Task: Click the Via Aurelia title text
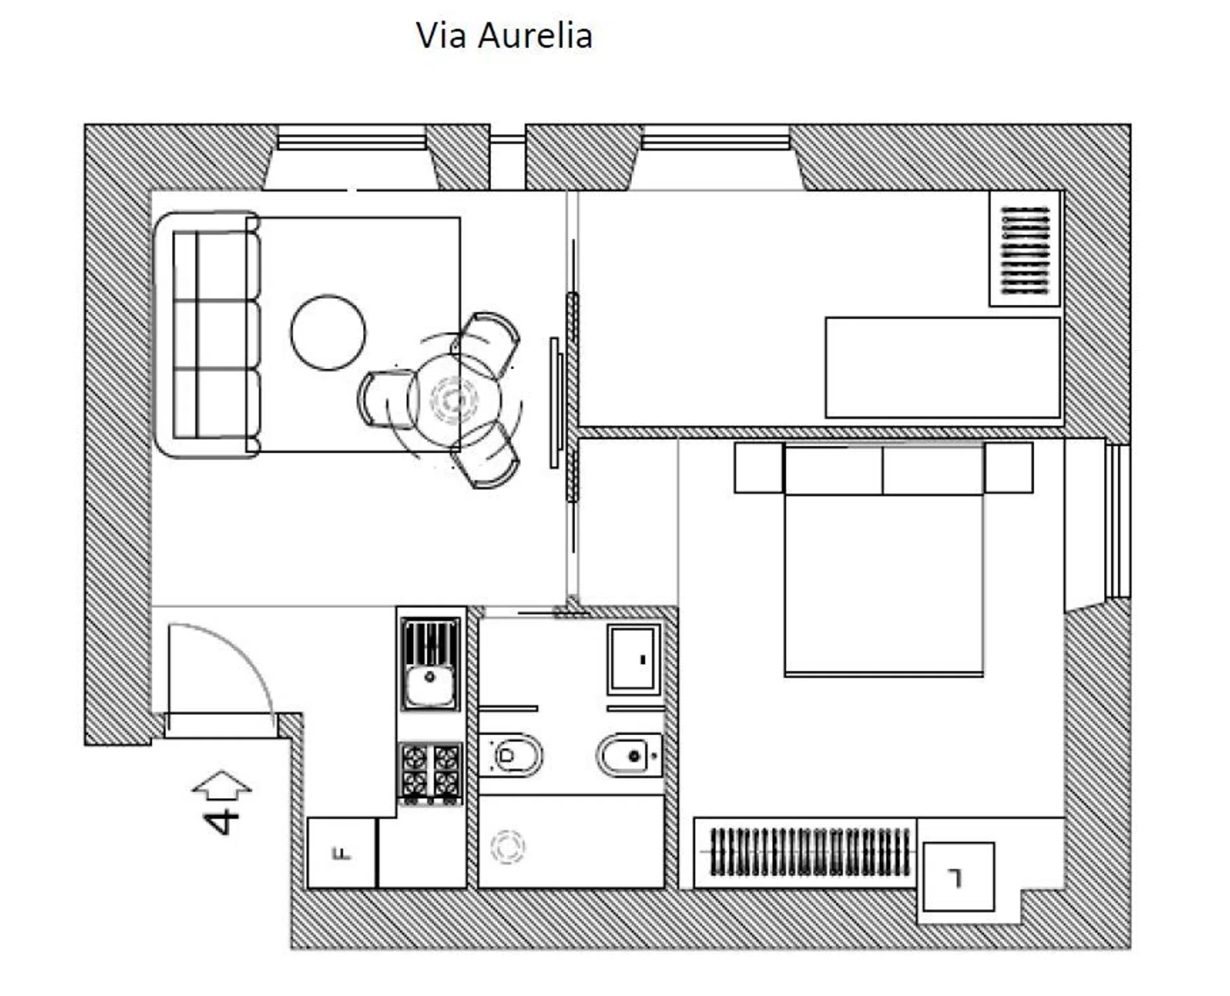click(504, 35)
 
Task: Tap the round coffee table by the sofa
click(328, 332)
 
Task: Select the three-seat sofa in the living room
click(206, 335)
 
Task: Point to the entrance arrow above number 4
click(222, 784)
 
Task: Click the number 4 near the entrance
click(221, 821)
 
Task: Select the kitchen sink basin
click(430, 686)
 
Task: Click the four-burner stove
click(430, 772)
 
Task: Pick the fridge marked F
click(342, 853)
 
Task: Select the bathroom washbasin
click(634, 659)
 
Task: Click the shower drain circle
click(507, 847)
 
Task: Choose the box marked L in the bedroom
click(959, 877)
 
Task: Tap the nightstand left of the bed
click(759, 467)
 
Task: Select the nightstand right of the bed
click(1008, 467)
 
